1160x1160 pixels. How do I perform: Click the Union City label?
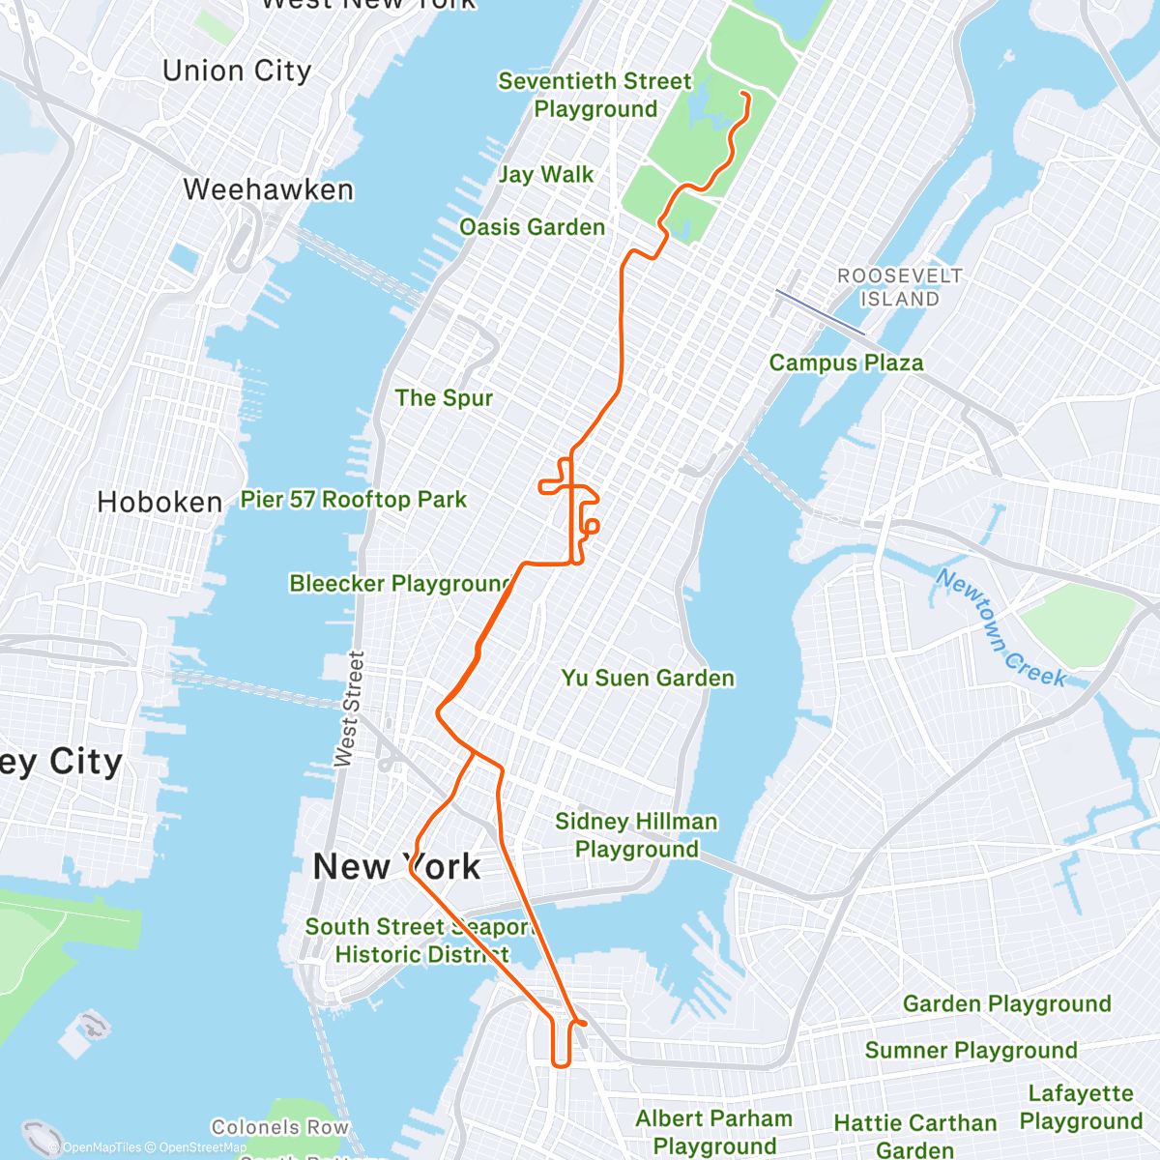237,72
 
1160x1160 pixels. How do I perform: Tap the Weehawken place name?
269,189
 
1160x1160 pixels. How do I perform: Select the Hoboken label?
160,503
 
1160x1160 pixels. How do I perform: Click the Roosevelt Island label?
900,288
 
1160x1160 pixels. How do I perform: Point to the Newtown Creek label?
1001,628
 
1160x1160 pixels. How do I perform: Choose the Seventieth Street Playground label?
595,95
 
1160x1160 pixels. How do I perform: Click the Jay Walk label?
546,175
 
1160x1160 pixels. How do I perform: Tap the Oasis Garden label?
533,227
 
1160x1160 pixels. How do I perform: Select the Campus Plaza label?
847,363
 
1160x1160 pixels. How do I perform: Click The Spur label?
444,398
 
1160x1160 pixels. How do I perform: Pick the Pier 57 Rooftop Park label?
354,500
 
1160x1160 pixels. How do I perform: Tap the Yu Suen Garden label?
648,679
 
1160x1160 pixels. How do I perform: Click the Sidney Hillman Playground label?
636,835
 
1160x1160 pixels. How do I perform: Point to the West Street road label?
349,710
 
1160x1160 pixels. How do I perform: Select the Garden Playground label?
1007,1004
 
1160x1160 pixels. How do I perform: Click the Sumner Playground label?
971,1051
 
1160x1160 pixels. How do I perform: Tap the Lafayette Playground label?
1081,1108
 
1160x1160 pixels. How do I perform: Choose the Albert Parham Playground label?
714,1132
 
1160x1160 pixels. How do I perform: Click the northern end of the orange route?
742,94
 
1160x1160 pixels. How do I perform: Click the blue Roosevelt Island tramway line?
820,311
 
